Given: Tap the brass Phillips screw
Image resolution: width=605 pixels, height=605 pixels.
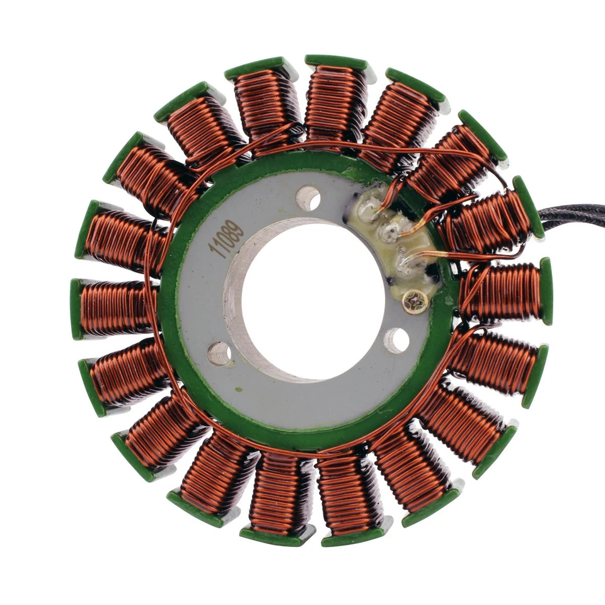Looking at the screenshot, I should point(415,303).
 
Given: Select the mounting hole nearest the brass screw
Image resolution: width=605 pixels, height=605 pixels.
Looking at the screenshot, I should point(396,340).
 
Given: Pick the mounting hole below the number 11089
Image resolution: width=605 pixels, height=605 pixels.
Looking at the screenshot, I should point(219,354).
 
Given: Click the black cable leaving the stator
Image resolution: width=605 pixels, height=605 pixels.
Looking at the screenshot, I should point(573,218).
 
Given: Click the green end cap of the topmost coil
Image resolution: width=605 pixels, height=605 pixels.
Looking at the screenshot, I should point(337,62).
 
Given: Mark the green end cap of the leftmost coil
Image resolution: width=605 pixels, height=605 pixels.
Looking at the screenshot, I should point(76,308).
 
